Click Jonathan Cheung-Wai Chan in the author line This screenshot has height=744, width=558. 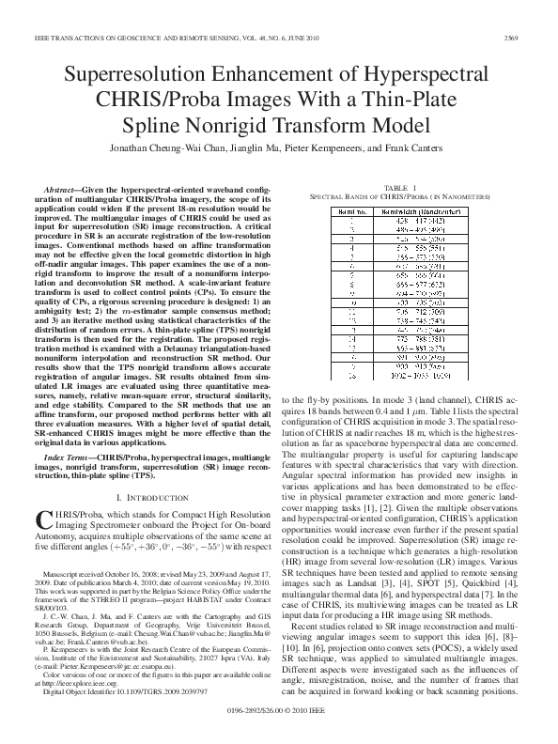pos(182,147)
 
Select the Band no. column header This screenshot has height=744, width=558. pos(350,212)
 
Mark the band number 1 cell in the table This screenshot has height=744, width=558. pos(350,222)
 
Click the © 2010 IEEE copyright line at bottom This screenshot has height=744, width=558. pos(279,725)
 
